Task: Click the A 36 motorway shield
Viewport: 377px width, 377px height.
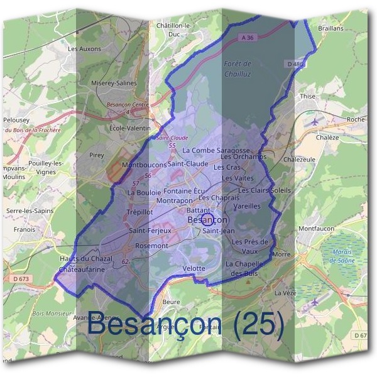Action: (x=248, y=38)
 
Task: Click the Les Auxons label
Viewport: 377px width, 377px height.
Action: (x=84, y=48)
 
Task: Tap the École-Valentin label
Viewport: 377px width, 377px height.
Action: (x=130, y=128)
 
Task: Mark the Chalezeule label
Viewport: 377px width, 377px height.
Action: (x=300, y=160)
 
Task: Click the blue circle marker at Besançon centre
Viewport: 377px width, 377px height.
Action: (x=210, y=220)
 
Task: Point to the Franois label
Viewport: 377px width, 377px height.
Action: (x=25, y=230)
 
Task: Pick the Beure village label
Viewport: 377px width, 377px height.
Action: (x=171, y=302)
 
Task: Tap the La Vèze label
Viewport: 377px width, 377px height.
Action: (x=285, y=293)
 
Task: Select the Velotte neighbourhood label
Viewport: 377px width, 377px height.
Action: (x=194, y=268)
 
